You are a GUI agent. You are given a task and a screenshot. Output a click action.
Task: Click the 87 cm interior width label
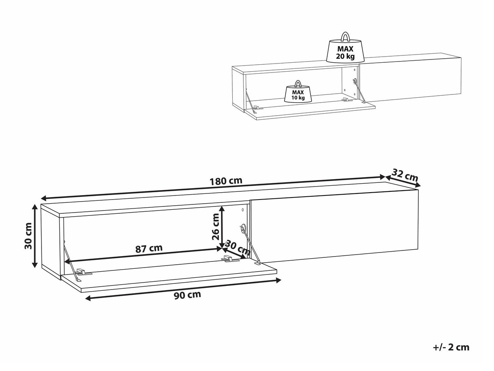(149, 248)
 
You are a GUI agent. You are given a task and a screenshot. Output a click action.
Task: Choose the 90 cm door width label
(188, 295)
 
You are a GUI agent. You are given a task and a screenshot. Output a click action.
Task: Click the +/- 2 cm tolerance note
(451, 347)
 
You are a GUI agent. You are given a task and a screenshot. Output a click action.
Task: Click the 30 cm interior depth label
(238, 248)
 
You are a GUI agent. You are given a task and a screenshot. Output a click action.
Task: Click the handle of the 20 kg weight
(345, 37)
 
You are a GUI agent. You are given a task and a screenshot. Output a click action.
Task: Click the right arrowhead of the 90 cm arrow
(279, 280)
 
